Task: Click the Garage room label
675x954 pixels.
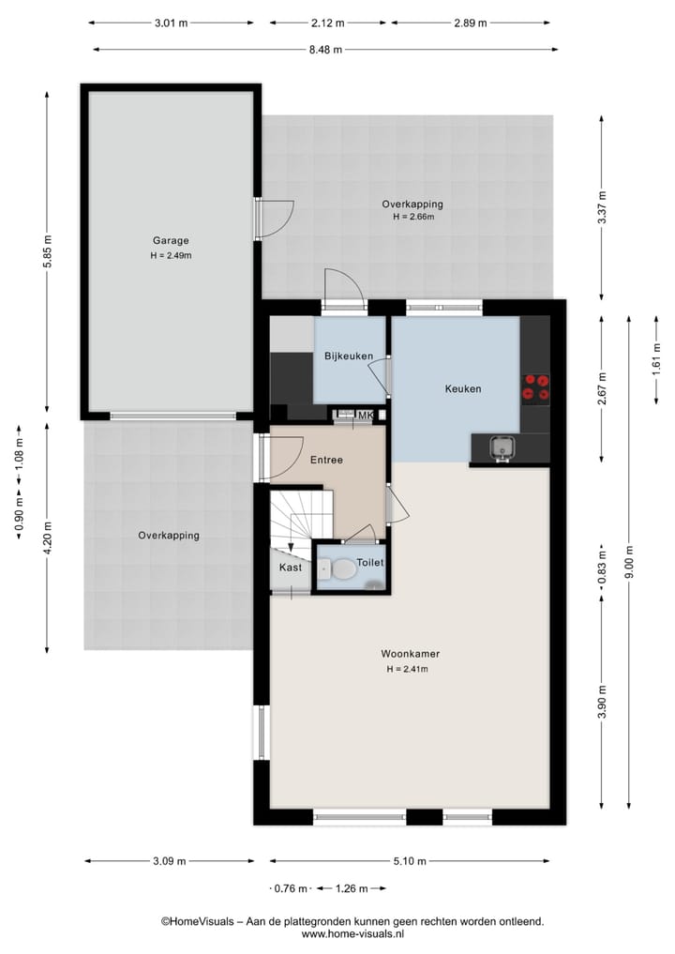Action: click(x=172, y=239)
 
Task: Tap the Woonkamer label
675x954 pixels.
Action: click(x=410, y=654)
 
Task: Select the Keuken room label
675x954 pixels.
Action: click(x=462, y=388)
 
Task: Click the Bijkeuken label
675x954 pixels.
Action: click(x=349, y=356)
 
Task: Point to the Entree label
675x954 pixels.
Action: click(x=326, y=460)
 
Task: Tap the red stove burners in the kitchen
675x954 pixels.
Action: click(x=536, y=386)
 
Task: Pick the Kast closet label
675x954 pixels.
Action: click(x=290, y=568)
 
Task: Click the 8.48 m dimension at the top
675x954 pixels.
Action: click(x=325, y=50)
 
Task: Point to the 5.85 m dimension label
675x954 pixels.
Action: click(x=46, y=251)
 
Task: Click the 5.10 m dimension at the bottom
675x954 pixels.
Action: click(x=410, y=861)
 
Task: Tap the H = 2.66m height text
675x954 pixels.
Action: click(x=412, y=217)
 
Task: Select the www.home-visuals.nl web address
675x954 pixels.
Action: click(x=352, y=934)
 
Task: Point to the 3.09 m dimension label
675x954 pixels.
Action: click(x=169, y=861)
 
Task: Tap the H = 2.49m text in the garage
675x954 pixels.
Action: click(x=172, y=254)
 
